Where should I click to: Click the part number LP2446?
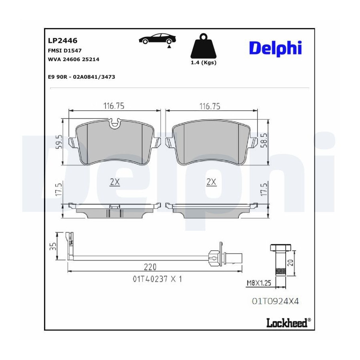click(x=62, y=41)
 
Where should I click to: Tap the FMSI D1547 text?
click(x=64, y=50)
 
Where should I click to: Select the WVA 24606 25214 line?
click(x=74, y=59)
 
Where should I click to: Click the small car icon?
click(x=158, y=39)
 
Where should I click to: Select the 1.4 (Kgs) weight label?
click(x=204, y=62)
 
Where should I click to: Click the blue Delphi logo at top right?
click(x=275, y=48)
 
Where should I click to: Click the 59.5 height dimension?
click(x=59, y=142)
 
